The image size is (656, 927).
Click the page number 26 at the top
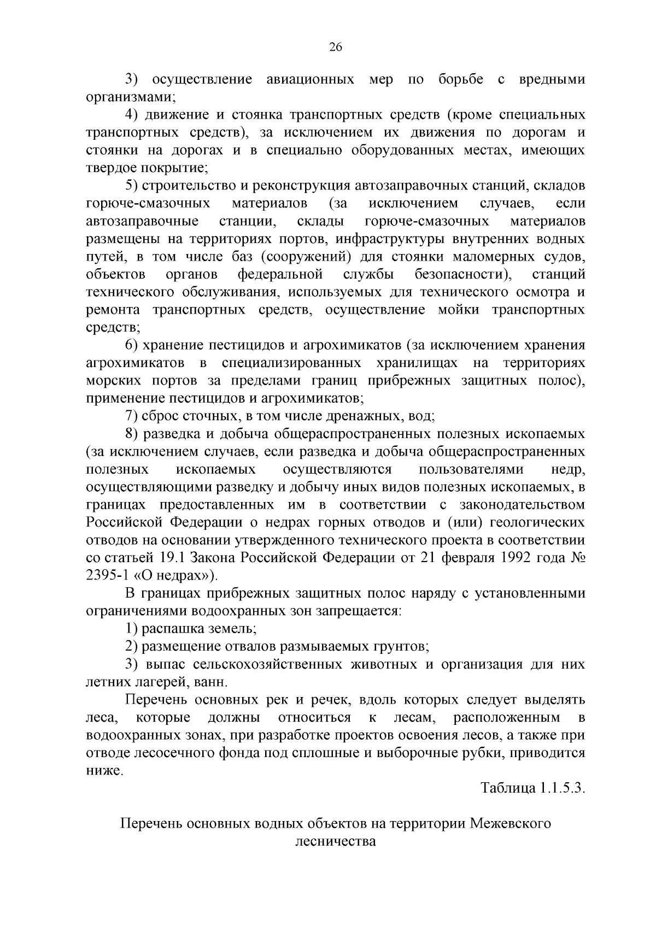click(335, 48)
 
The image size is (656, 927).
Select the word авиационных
click(309, 80)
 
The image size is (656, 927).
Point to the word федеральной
click(280, 274)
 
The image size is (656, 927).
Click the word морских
click(111, 381)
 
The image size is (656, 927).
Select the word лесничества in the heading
click(336, 841)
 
